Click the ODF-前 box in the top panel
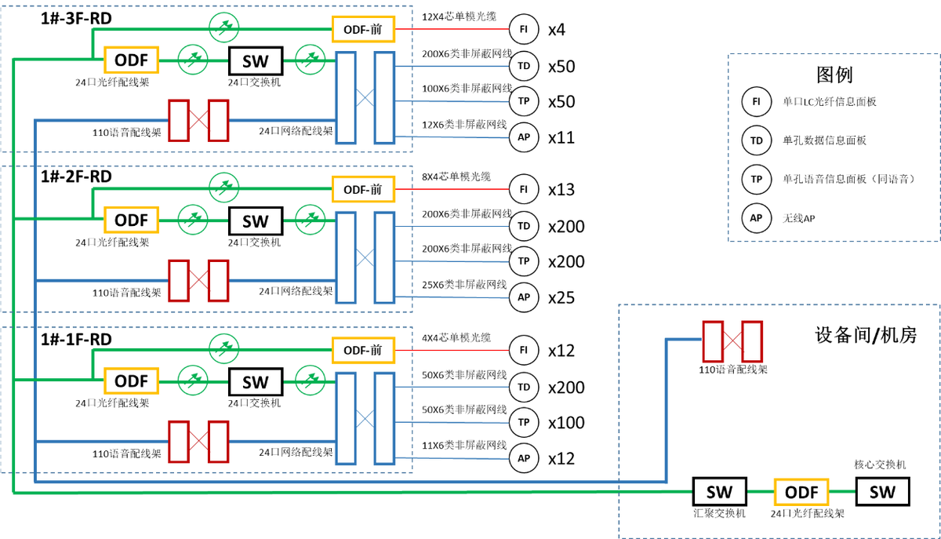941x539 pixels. (363, 30)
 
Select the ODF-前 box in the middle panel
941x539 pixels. (363, 190)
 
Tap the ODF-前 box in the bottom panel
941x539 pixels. (363, 350)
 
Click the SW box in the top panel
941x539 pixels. (256, 61)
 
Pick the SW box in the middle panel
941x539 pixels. (256, 221)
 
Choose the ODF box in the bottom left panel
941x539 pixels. (131, 382)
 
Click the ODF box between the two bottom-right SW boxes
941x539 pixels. (801, 492)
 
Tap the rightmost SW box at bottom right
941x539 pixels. (882, 492)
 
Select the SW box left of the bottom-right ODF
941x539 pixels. (719, 492)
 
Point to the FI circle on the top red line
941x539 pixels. (524, 29)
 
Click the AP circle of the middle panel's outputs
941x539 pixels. (524, 297)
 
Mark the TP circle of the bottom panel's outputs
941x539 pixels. (524, 422)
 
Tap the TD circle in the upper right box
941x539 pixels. (757, 141)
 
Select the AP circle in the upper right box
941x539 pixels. (757, 218)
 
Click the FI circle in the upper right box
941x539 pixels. (757, 102)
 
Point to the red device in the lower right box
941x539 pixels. (732, 342)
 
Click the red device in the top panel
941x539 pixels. (198, 120)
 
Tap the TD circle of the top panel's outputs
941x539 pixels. (524, 65)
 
